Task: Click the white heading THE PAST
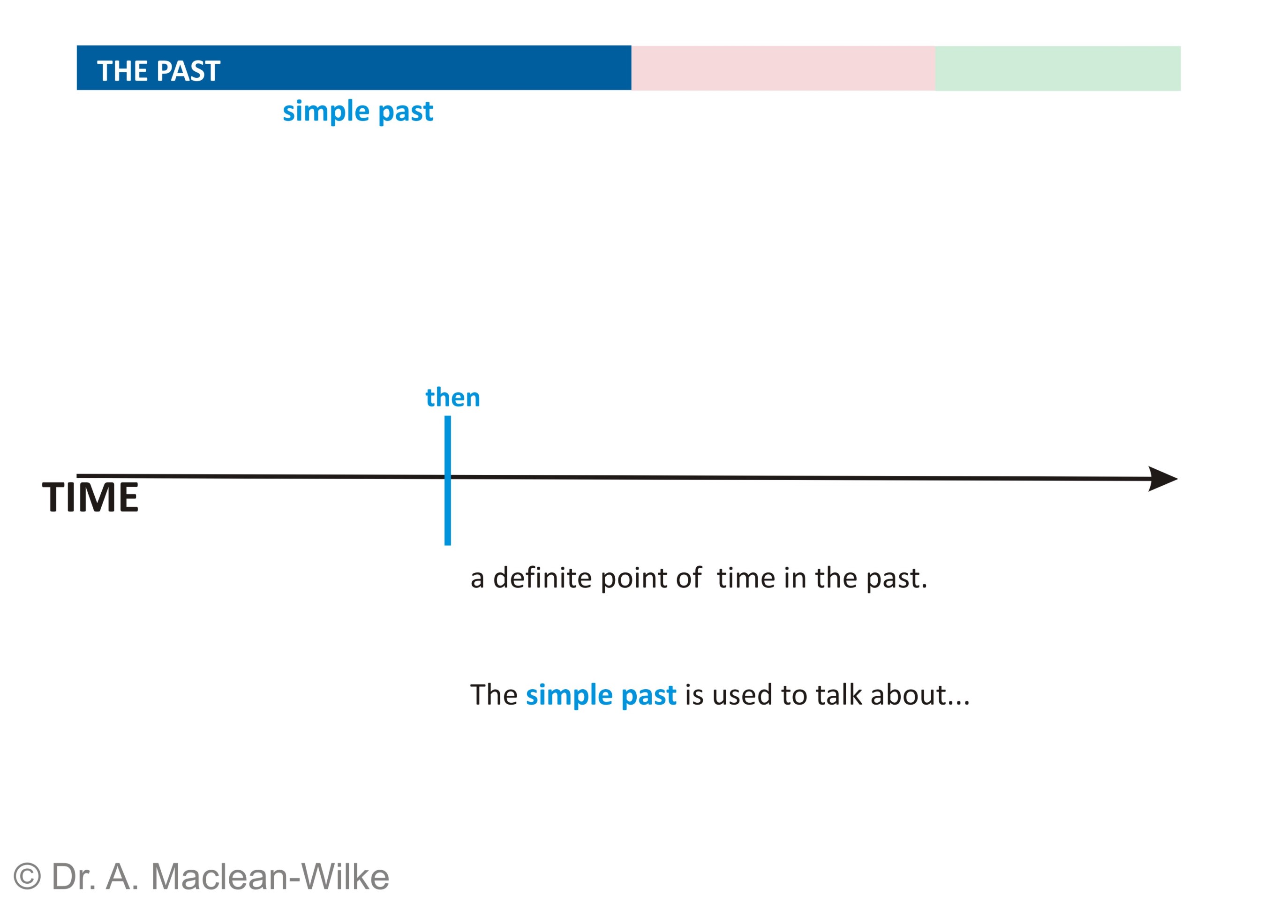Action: tap(158, 71)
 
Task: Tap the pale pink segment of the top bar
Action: tap(783, 68)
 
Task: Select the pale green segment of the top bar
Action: tap(1057, 68)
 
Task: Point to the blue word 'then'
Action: tap(453, 397)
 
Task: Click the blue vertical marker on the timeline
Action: tap(448, 480)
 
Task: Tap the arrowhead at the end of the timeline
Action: tap(1163, 479)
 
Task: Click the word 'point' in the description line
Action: tap(634, 579)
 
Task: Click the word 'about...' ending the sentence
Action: tap(919, 695)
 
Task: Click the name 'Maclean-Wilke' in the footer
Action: tap(270, 876)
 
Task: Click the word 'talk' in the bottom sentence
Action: tap(838, 695)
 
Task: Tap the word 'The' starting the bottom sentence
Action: tap(494, 695)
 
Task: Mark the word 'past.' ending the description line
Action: tap(896, 579)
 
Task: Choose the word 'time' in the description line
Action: tap(746, 578)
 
